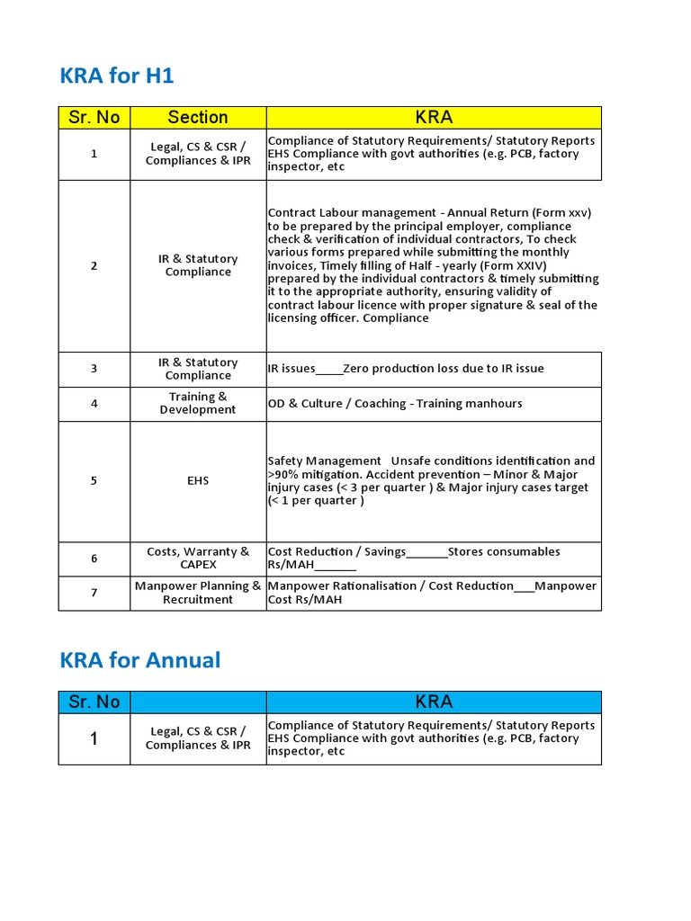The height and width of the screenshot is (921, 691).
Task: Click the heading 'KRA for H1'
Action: pos(117,76)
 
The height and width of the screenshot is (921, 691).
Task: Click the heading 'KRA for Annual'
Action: pos(139,660)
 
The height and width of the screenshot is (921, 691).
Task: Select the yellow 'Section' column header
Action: pos(198,117)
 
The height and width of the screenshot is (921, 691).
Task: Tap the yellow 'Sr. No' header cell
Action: pos(94,117)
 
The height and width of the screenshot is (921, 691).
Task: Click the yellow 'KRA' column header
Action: pos(434,117)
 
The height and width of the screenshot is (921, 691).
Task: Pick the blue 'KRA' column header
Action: pos(434,702)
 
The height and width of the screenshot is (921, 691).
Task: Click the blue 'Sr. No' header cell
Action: pos(94,702)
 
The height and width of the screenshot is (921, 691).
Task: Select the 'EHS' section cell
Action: pos(198,481)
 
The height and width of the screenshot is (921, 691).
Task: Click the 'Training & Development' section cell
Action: pos(198,403)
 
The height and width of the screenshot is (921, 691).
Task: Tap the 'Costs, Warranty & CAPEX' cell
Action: pos(198,559)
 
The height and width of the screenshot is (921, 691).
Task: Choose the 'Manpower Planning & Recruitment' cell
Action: pos(198,593)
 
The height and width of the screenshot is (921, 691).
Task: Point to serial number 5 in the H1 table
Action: pos(94,481)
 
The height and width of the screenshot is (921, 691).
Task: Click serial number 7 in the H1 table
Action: pos(94,593)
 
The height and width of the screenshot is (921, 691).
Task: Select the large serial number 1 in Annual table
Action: pos(94,739)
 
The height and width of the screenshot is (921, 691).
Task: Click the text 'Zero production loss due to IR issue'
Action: pos(444,369)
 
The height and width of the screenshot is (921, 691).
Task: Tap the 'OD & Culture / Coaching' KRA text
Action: pos(335,404)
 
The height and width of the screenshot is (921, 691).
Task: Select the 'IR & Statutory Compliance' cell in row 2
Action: pos(198,265)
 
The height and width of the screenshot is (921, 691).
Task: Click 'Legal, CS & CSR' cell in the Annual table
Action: pos(198,738)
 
